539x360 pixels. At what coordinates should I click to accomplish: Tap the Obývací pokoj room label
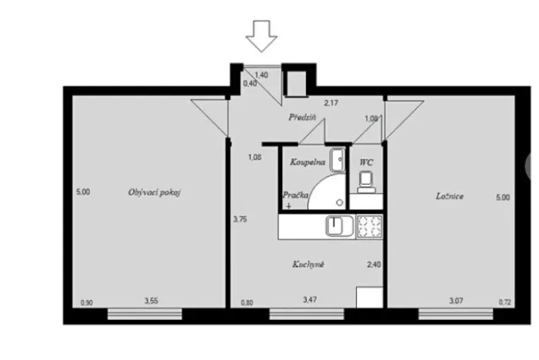pos(154,192)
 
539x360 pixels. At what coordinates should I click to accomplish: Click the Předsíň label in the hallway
pos(304,118)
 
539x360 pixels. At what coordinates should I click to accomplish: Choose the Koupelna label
pos(305,163)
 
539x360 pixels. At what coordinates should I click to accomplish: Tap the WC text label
pos(366,163)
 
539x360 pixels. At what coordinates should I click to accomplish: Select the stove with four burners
pos(368,227)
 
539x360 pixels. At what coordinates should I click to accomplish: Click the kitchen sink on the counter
pos(338,226)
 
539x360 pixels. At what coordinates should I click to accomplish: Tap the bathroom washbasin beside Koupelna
pos(336,159)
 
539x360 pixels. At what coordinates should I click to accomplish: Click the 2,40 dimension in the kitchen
pos(373,264)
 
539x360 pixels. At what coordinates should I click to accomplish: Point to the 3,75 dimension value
pos(240,219)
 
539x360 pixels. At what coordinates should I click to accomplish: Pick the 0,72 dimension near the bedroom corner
pos(504,302)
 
